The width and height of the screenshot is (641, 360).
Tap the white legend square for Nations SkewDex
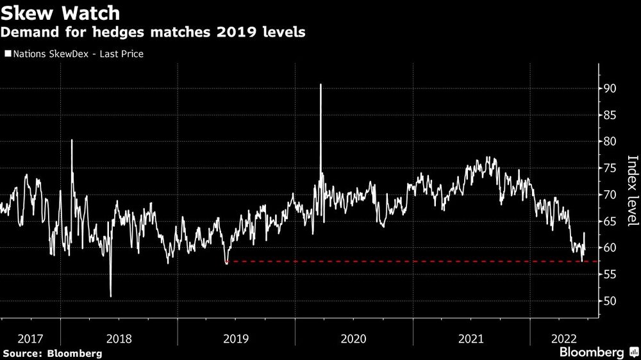click(x=7, y=54)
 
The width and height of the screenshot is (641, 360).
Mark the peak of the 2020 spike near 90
click(x=320, y=85)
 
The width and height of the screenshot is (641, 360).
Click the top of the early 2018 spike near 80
click(x=71, y=140)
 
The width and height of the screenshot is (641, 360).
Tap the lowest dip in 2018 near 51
click(x=110, y=296)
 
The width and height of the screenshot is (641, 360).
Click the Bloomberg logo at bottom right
click(x=596, y=352)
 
